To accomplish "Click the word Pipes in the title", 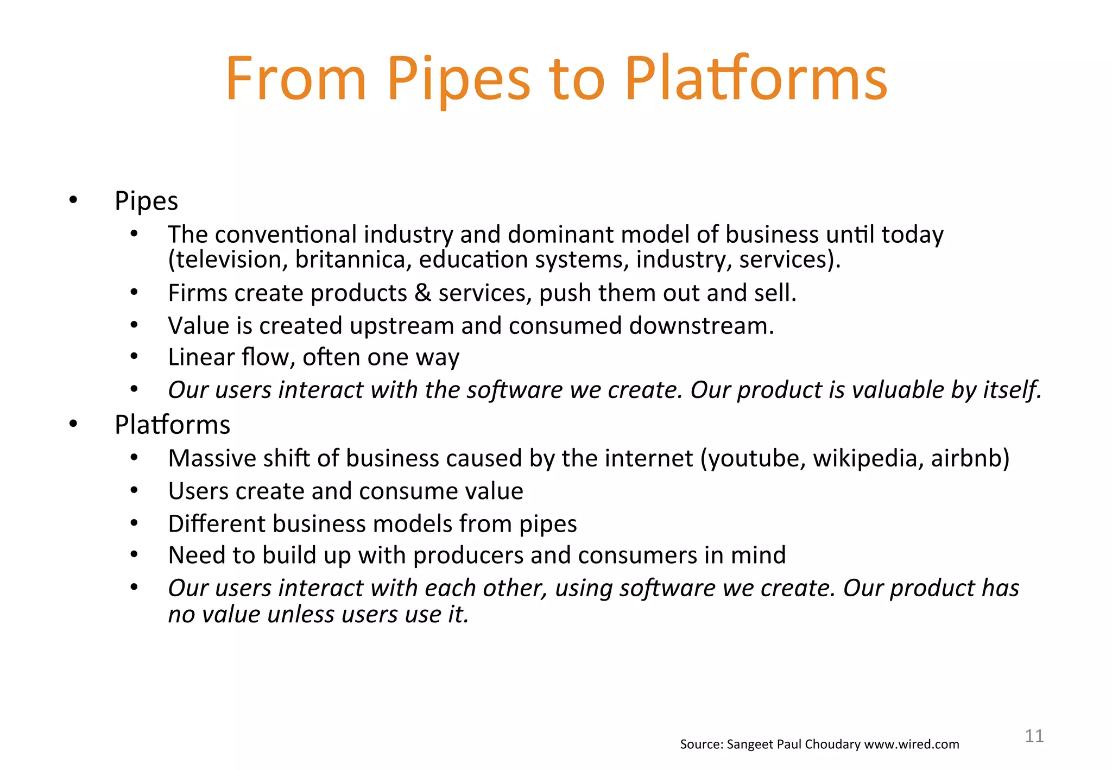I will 458,80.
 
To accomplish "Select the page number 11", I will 1034,736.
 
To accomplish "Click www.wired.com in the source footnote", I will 911,744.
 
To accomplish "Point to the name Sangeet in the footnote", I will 750,744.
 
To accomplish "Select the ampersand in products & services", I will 423,293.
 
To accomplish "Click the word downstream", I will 701,326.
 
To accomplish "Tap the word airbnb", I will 970,458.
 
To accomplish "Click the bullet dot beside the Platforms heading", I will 73,424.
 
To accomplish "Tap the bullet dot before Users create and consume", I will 134,491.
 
